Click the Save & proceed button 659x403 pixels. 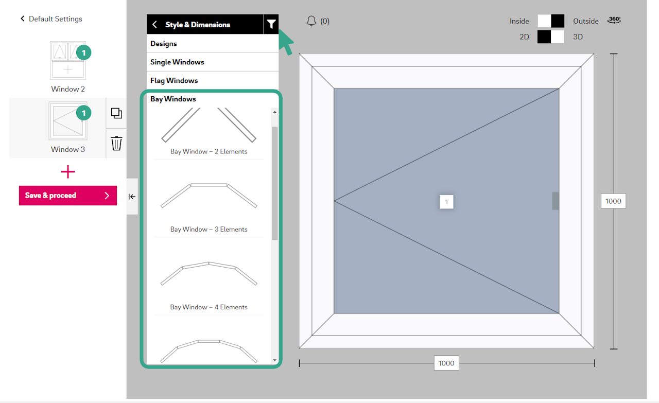pos(68,195)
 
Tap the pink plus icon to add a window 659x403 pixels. pos(68,172)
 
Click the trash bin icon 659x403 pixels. pos(116,143)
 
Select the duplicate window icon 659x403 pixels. pos(116,113)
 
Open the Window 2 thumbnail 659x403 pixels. pos(68,61)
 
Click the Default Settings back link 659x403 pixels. pos(51,19)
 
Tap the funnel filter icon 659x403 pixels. pos(271,24)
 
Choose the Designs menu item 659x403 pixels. pos(164,44)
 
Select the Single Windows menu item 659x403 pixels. pos(177,62)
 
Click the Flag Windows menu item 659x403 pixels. pos(174,81)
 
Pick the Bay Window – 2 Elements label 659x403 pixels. pos(209,151)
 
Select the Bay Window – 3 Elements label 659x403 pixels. pos(209,229)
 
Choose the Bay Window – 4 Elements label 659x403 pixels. pos(209,307)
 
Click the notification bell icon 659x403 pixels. pos(311,21)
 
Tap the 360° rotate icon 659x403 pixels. pos(614,20)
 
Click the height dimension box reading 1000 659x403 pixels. pos(613,201)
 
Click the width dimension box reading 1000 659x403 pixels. pos(446,363)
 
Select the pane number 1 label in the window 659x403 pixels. pos(446,202)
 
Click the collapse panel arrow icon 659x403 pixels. pos(132,197)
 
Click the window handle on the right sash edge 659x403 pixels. pos(556,201)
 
